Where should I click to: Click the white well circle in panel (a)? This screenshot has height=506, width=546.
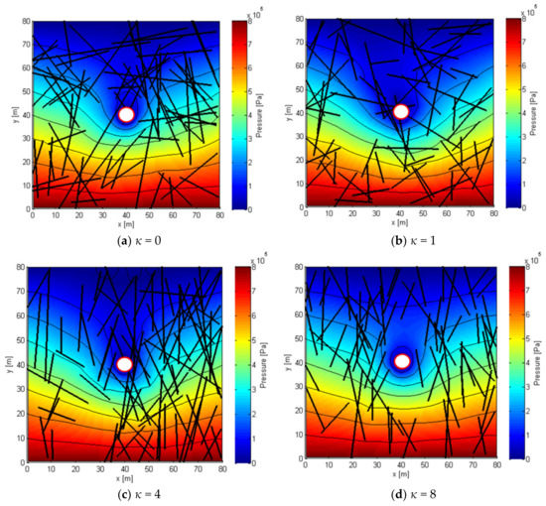(x=126, y=114)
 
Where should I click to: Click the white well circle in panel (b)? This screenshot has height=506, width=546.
(x=400, y=111)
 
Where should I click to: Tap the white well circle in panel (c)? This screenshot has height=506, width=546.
(x=124, y=364)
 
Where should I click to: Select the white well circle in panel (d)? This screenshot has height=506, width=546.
(x=402, y=361)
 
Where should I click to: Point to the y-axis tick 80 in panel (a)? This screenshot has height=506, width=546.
(x=26, y=21)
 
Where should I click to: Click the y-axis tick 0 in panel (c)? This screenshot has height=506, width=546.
(x=26, y=462)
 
